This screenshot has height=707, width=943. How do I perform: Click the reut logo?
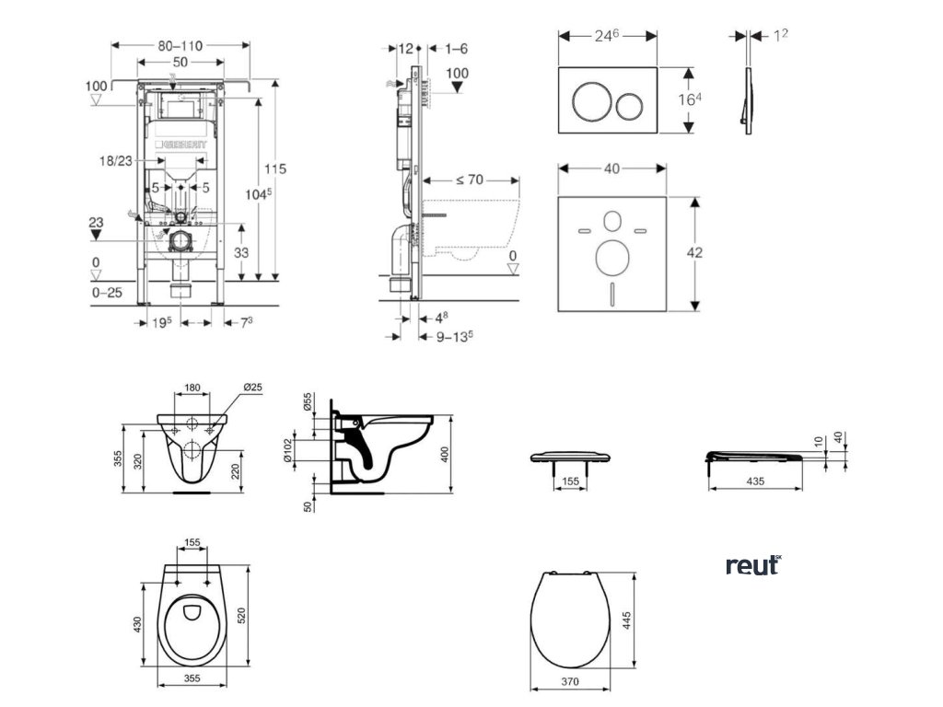[752, 565]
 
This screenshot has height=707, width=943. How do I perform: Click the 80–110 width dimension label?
[180, 44]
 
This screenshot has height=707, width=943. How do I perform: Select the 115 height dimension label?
[275, 168]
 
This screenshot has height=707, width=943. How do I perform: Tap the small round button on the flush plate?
[630, 104]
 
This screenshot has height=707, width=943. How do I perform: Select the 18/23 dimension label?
[116, 160]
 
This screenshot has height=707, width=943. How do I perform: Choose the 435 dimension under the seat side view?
[754, 481]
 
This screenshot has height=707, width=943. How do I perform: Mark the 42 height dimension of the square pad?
[696, 252]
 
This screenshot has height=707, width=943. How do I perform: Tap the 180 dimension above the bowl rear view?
[192, 388]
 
